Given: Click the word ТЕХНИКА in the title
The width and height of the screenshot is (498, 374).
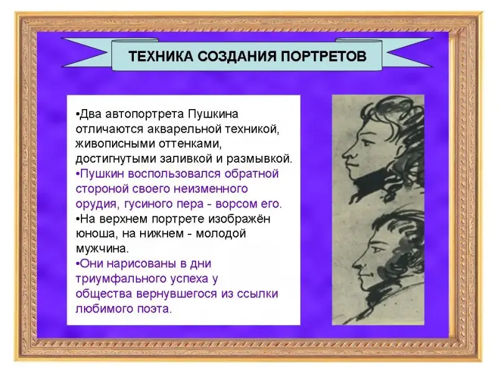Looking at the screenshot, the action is [161, 56].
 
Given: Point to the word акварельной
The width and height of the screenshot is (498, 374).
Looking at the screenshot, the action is [186, 130].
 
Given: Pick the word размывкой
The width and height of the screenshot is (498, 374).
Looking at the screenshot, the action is [259, 159].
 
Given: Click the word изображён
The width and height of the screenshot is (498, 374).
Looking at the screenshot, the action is [239, 219].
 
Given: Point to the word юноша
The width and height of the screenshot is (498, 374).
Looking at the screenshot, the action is [95, 234].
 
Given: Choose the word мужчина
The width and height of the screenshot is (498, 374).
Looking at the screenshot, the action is [102, 249].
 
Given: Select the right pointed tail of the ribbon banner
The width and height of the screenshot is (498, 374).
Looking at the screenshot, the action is [408, 53].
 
